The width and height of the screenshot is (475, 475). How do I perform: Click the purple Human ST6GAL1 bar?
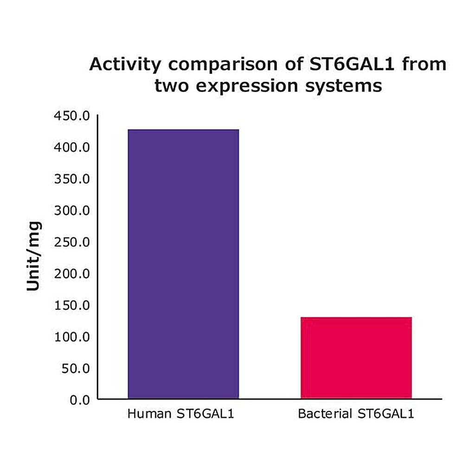tap(183, 264)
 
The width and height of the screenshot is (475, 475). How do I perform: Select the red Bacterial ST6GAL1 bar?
tap(356, 358)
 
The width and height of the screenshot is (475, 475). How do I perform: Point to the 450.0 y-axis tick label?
tap(72, 116)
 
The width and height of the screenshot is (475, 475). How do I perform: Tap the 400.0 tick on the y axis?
tap(72, 147)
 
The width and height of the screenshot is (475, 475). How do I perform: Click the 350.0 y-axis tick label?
tap(72, 179)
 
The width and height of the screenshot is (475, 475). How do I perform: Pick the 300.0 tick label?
tap(72, 211)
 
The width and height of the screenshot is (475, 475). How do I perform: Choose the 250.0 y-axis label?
tap(72, 242)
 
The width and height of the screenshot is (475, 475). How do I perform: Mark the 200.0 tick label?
tap(72, 274)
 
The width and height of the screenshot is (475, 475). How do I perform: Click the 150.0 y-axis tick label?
tap(72, 305)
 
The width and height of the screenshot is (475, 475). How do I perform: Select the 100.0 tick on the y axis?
tap(72, 337)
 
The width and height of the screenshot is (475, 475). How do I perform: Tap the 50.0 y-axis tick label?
tap(76, 369)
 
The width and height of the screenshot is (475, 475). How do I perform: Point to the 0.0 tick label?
tap(80, 400)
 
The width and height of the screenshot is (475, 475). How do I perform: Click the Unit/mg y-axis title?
tap(34, 256)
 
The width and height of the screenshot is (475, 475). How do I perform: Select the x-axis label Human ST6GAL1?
tap(181, 414)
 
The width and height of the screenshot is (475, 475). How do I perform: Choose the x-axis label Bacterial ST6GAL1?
tap(356, 414)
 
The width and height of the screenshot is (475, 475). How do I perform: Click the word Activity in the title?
tap(125, 65)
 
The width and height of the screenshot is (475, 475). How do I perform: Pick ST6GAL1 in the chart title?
tap(352, 64)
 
